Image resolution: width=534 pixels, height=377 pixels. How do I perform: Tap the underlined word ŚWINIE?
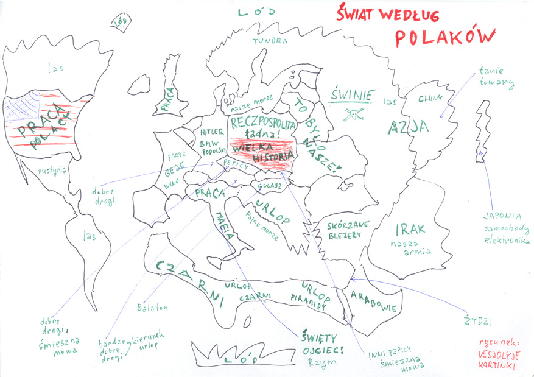point(353,96)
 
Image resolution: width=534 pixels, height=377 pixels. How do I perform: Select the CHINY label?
point(430,99)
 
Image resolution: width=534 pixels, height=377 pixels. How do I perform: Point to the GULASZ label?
point(267,185)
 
